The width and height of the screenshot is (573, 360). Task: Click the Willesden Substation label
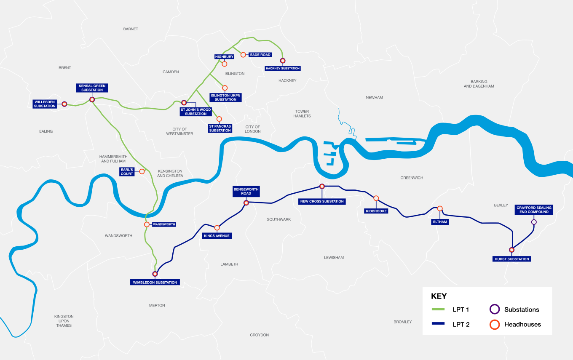click(x=46, y=104)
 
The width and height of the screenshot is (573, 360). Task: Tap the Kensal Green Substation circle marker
click(x=92, y=100)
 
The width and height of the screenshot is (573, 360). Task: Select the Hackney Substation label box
click(x=283, y=68)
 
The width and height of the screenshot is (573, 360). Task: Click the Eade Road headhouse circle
click(x=243, y=55)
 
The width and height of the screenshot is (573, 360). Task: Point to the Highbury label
click(x=224, y=56)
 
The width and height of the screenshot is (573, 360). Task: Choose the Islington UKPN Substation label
click(x=225, y=97)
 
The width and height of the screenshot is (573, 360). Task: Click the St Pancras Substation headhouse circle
click(x=219, y=119)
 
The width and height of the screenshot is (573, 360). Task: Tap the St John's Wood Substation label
click(x=195, y=112)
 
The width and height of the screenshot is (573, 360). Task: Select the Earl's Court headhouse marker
click(x=142, y=171)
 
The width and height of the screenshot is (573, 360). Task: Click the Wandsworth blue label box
click(x=163, y=224)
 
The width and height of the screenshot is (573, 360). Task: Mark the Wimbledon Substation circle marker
click(x=155, y=274)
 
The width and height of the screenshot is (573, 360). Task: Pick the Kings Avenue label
click(x=217, y=236)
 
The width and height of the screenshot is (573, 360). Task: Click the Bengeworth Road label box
click(x=246, y=191)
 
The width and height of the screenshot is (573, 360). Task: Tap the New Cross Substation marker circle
click(x=322, y=186)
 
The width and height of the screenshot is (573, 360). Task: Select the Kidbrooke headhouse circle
click(x=376, y=198)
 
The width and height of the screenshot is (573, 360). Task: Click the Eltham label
click(x=439, y=221)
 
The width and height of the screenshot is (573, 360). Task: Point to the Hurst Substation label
click(x=511, y=259)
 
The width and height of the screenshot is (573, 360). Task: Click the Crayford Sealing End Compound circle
click(x=534, y=222)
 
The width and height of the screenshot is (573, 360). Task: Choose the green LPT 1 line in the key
click(x=438, y=309)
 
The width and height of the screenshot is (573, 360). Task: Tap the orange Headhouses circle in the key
click(x=494, y=325)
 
